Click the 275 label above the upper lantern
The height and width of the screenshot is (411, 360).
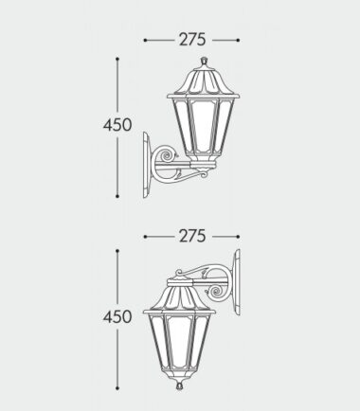192,40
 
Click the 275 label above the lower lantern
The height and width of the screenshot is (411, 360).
192,236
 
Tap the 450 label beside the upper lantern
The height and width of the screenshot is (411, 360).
117,125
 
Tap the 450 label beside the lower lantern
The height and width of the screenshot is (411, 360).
117,316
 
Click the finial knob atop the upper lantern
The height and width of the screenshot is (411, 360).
204,60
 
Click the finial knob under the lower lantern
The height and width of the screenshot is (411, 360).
179,385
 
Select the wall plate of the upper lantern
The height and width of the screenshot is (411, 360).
147,165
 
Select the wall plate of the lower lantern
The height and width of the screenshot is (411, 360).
236,282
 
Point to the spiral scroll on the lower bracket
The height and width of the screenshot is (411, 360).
217,292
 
